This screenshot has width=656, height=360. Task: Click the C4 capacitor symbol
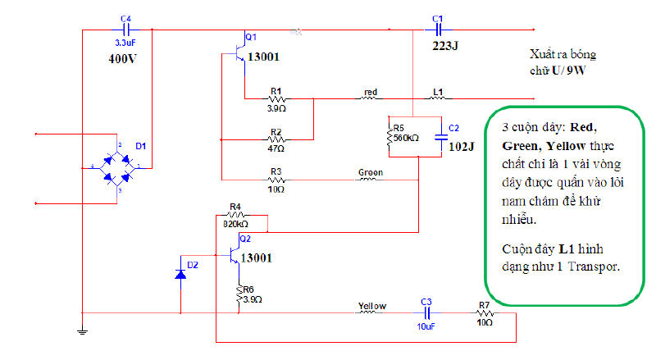pyautogui.click(x=125, y=30)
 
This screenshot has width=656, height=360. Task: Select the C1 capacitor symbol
pyautogui.click(x=437, y=30)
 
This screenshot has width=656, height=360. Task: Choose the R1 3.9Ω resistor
pyautogui.click(x=276, y=98)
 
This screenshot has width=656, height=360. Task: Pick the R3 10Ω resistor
pyautogui.click(x=276, y=178)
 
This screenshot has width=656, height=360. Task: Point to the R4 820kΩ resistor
pyautogui.click(x=235, y=215)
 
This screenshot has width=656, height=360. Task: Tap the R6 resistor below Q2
pyautogui.click(x=238, y=293)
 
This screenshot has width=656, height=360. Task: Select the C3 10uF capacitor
pyautogui.click(x=426, y=312)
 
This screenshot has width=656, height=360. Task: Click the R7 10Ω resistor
pyautogui.click(x=484, y=312)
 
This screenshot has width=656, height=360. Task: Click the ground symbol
pyautogui.click(x=81, y=331)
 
